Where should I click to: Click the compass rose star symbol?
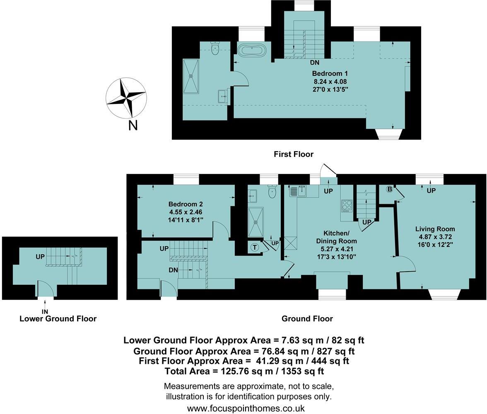point(126,97)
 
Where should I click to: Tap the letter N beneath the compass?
point(133,125)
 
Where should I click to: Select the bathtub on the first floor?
point(251,51)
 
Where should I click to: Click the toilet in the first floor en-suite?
point(215,48)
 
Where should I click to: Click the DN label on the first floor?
point(315,63)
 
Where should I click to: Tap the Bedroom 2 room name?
point(186,204)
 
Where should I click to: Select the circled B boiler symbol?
point(389,190)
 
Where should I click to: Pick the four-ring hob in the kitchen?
point(347,206)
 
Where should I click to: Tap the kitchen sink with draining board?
point(298,191)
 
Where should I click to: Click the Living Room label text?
point(435,229)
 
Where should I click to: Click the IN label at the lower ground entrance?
point(45,311)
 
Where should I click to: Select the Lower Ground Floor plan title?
point(58,319)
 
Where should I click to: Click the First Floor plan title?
point(293,154)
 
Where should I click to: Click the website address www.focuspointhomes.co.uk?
point(246,408)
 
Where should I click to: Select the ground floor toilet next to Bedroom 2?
point(272,191)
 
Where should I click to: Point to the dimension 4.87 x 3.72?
point(435,237)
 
